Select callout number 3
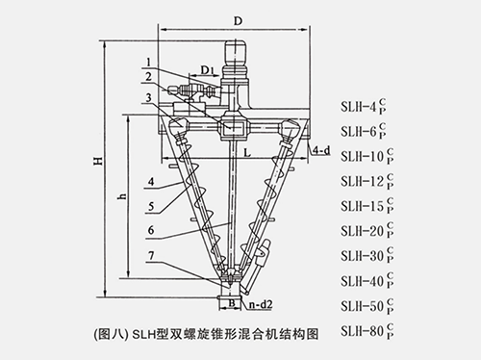[143, 96]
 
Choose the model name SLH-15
[364, 204]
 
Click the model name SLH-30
[364, 254]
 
